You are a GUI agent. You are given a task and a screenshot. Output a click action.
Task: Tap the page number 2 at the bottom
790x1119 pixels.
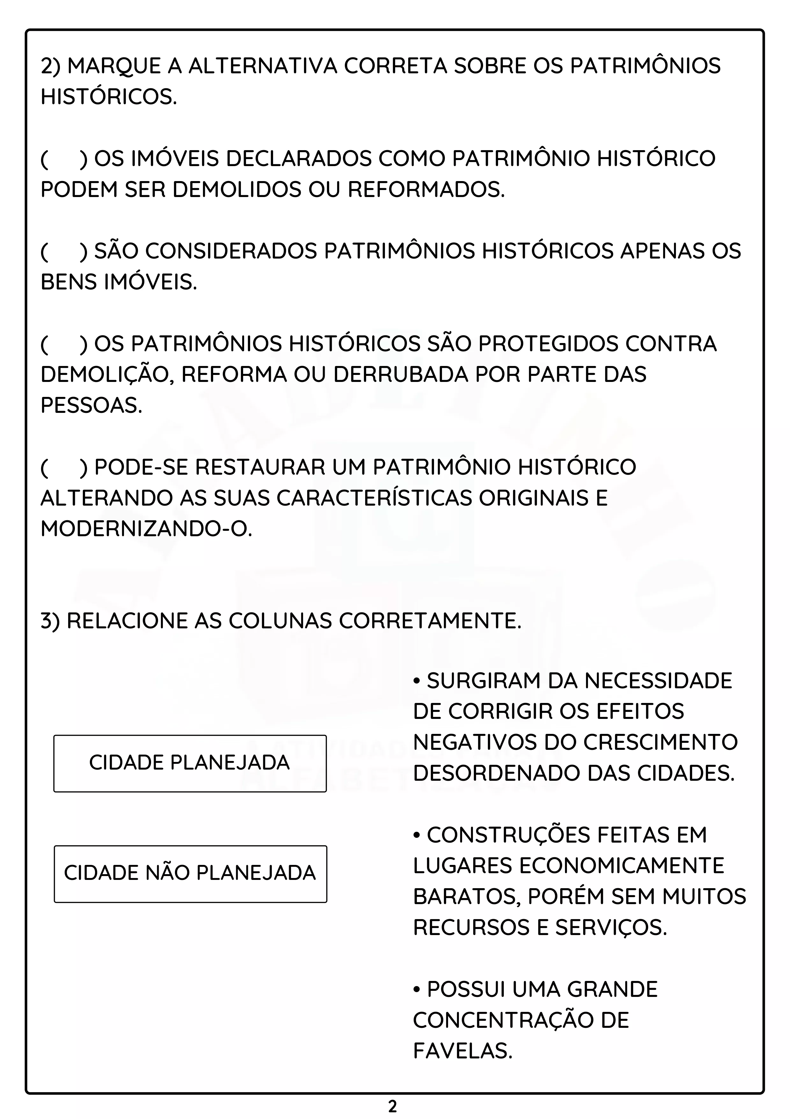click(393, 1106)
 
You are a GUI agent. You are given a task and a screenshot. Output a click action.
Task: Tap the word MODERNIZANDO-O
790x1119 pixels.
click(146, 529)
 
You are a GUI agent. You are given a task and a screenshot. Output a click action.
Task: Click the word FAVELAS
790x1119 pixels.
click(463, 1052)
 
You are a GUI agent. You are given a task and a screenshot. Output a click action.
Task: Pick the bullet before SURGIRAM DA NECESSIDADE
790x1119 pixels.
click(417, 681)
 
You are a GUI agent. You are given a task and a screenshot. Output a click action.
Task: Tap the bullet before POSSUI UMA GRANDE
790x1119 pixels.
click(417, 990)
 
